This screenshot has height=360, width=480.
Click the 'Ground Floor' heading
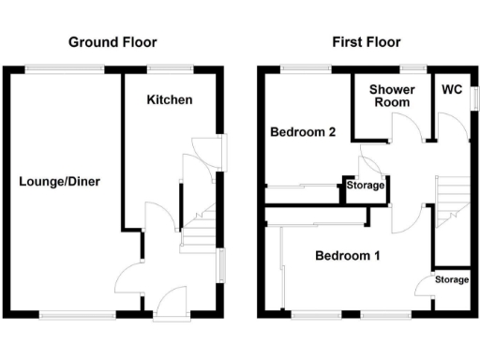112,42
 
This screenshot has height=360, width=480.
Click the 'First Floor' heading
367,42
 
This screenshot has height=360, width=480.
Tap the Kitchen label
170,98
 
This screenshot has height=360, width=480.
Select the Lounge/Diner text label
59,182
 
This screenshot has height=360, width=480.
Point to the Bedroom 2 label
303,132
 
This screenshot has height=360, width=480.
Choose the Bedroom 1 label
348,255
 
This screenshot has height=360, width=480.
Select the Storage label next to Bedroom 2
366,186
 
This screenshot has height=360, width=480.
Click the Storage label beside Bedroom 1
451,280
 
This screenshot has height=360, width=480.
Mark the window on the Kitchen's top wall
170,67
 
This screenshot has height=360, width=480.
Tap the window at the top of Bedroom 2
304,67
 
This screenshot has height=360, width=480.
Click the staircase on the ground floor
199,230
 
